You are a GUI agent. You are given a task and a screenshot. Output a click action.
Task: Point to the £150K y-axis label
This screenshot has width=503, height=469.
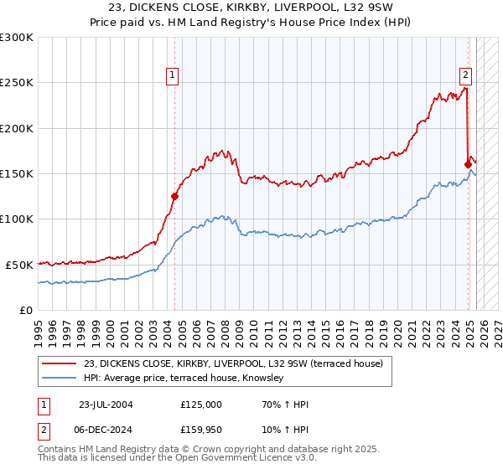click(x=16, y=173)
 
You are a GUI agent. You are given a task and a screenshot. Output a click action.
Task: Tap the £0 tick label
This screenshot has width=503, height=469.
click(x=25, y=310)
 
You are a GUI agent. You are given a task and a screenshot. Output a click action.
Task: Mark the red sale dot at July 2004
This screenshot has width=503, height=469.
click(x=175, y=197)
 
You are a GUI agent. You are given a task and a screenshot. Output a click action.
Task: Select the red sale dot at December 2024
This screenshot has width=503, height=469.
click(x=468, y=164)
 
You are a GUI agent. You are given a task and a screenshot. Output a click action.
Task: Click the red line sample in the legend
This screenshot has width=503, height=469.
click(x=60, y=363)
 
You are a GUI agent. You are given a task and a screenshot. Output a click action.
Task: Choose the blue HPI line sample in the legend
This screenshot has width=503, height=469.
click(x=60, y=378)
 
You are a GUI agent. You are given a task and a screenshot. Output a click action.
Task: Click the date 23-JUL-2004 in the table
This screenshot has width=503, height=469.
click(x=106, y=405)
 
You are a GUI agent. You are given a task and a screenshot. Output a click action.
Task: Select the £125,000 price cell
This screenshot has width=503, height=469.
click(x=201, y=405)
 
